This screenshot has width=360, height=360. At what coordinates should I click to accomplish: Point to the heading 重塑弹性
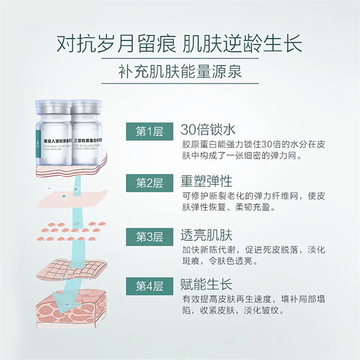[x=207, y=181]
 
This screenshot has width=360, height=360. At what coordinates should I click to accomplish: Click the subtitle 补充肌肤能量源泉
[x=180, y=71]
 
